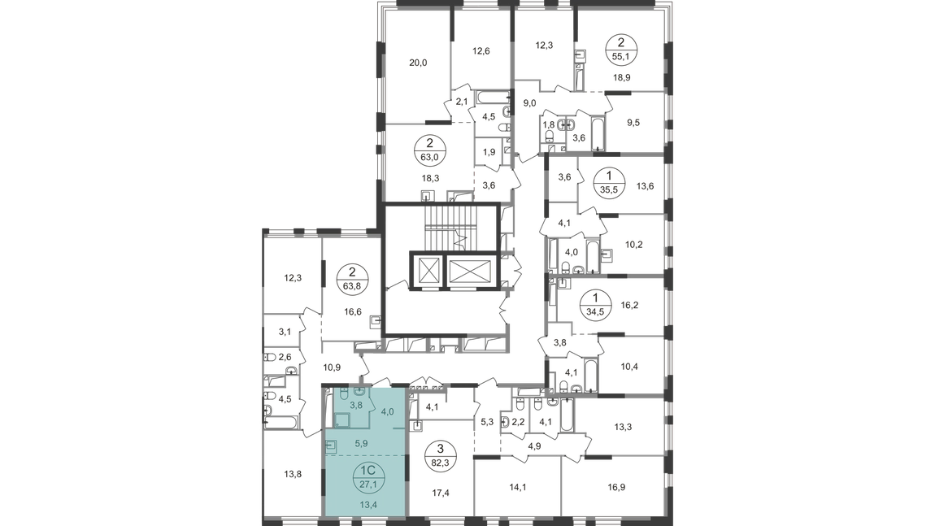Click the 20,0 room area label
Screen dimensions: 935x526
[x=418, y=63]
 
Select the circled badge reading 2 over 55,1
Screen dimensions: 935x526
[x=621, y=50]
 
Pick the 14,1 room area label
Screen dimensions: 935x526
[x=518, y=487]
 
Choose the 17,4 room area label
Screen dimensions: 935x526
[x=441, y=493]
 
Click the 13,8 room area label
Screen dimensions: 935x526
[x=293, y=474]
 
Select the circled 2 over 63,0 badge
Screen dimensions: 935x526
[x=429, y=150]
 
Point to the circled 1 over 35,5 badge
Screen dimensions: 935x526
[x=609, y=183]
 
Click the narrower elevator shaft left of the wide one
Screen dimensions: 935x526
[x=428, y=272]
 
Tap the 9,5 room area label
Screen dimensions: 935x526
[x=633, y=122]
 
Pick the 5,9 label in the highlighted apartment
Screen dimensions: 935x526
[x=361, y=443]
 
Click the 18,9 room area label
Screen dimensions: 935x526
[x=622, y=77]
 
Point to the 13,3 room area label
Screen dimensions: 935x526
[x=623, y=427]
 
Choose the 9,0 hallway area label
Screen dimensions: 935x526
[x=529, y=103]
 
